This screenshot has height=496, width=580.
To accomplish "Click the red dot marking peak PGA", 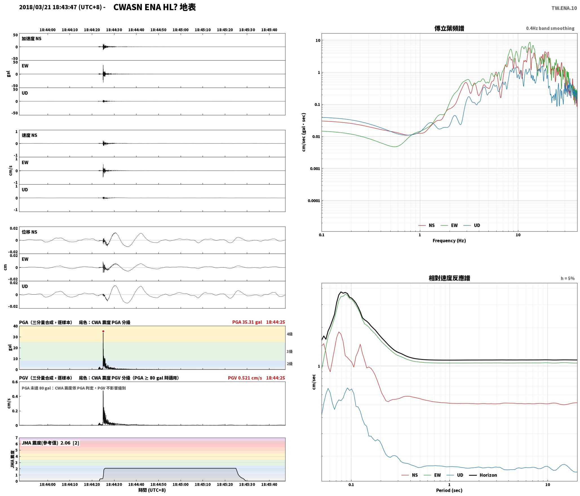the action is [x=103, y=331].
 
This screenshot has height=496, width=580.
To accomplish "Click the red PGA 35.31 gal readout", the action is [x=247, y=322].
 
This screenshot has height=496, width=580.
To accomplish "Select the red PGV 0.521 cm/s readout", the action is [x=245, y=378].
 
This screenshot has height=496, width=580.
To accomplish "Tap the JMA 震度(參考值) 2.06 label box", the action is [x=50, y=443].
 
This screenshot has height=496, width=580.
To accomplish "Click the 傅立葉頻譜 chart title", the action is [x=449, y=28].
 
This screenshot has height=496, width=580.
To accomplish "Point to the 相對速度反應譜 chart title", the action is [x=449, y=278].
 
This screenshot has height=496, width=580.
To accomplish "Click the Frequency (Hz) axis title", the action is [x=449, y=240].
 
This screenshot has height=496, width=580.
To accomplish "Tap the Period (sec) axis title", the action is [x=449, y=490].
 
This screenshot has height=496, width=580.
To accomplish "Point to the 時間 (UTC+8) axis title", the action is [x=152, y=490].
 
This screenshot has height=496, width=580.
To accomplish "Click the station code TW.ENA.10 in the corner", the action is [x=564, y=8].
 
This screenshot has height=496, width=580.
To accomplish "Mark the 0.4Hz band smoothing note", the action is [x=550, y=28].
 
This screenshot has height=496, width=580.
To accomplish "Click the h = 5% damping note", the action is [x=568, y=278].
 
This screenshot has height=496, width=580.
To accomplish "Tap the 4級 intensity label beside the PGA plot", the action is [x=290, y=334].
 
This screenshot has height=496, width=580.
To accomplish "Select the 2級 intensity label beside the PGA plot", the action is [x=290, y=364].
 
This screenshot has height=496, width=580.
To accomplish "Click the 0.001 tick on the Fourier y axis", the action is [x=315, y=169].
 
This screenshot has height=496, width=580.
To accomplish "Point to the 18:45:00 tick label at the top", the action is [x=180, y=30].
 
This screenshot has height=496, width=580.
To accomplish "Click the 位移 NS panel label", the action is [x=29, y=232].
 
